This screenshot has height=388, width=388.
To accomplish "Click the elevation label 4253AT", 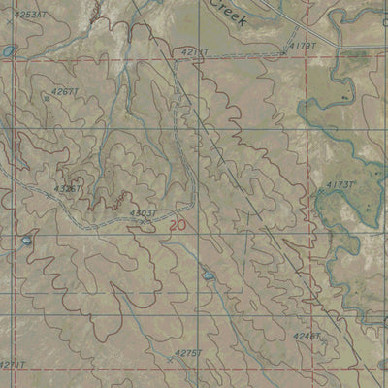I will pos(30,15).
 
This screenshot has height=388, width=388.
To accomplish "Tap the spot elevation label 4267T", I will pos(65,91).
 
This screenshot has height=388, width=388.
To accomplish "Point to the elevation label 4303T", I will pos(143,211).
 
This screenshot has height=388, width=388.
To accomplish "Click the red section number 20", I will pos(175,224).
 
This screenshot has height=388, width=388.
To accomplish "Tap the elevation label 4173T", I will pos(340,184).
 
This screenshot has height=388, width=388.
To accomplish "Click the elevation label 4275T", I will pos(187,353).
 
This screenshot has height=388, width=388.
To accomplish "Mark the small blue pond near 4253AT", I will pos(9,49).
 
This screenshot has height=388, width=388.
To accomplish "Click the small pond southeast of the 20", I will pos(208,276).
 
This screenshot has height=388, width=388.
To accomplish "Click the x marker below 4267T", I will pos(48,98).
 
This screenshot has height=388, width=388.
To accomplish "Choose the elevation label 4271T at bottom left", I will pos(12,364).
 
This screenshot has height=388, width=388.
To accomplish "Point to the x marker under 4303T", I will pos(143,221).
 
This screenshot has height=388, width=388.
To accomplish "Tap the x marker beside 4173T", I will pos(319,191).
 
